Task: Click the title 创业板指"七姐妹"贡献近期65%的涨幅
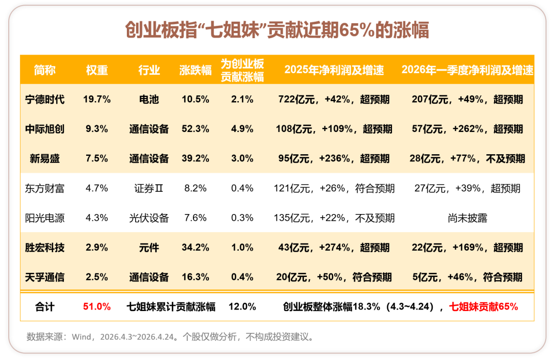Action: pyautogui.click(x=277, y=30)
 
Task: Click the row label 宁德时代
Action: pyautogui.click(x=45, y=100)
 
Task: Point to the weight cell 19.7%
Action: pyautogui.click(x=97, y=100)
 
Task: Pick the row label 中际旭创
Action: pyautogui.click(x=45, y=129)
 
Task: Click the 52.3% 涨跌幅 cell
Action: pyautogui.click(x=195, y=129)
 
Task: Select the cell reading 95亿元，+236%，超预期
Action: pyautogui.click(x=334, y=158)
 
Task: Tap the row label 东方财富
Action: pyautogui.click(x=45, y=188)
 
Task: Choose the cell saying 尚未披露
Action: pyautogui.click(x=467, y=218)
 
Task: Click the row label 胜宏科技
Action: pyautogui.click(x=45, y=248)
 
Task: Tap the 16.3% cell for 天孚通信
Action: pyautogui.click(x=195, y=277)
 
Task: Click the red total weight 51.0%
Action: pyautogui.click(x=97, y=307)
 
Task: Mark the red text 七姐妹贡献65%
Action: pyautogui.click(x=484, y=307)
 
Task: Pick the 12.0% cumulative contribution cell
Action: pyautogui.click(x=242, y=307)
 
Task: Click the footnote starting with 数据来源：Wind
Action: pyautogui.click(x=170, y=337)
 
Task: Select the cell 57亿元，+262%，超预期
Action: pyautogui.click(x=467, y=129)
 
